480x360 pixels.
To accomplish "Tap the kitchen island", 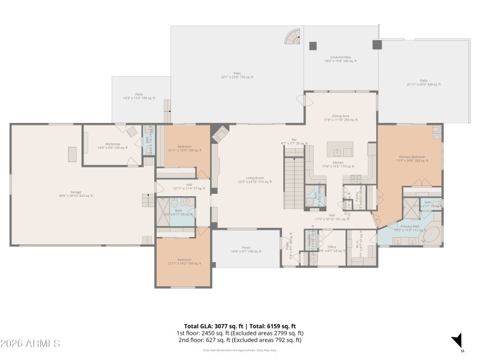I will coord(340,149).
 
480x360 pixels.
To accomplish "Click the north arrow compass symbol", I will coord(457,340).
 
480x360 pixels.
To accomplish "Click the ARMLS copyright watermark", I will coord(30,344).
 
